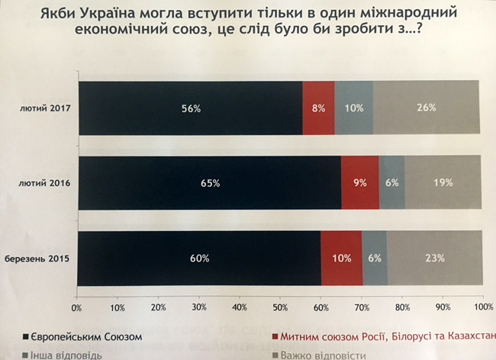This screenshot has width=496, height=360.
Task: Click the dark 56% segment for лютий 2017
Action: tap(191, 108)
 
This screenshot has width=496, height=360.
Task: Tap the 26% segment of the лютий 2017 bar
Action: tap(427, 108)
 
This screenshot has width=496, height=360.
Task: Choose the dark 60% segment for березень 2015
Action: tap(198, 258)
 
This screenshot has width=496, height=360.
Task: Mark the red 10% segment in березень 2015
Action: tap(341, 258)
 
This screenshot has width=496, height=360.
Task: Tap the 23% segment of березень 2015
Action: tap(434, 258)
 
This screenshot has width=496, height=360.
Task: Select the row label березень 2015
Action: tap(42, 259)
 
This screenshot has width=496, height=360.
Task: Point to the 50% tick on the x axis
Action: tap(280, 307)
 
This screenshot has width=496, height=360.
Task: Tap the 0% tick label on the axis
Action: tap(76, 307)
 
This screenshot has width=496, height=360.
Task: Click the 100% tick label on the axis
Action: tap(482, 307)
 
